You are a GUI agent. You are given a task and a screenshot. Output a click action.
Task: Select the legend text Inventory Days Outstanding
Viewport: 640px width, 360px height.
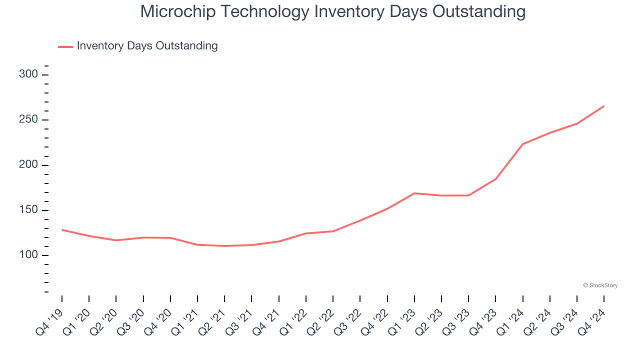point(147,46)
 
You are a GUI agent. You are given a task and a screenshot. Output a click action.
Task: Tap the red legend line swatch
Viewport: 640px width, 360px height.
point(65,46)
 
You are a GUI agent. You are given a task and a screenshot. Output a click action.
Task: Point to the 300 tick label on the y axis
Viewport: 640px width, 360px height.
point(28,74)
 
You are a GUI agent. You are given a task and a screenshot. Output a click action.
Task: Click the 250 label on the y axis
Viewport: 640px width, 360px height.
point(28,120)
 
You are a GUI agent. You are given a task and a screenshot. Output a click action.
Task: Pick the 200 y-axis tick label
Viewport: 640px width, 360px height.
point(28,165)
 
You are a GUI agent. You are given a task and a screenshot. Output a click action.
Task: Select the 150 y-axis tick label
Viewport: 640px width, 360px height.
point(28,210)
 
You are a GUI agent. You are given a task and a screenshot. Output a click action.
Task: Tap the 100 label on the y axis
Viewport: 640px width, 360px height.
point(28,255)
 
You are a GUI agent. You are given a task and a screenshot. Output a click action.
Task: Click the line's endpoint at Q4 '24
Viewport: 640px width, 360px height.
point(604,106)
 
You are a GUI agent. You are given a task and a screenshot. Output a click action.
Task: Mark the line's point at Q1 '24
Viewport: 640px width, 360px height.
point(522,144)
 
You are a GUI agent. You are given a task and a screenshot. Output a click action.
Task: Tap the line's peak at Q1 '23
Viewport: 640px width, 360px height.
point(414,193)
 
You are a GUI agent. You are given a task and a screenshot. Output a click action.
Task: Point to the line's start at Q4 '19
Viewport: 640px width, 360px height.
point(62,229)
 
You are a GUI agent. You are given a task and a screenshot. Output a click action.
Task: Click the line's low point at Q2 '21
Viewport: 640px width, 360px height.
point(224,246)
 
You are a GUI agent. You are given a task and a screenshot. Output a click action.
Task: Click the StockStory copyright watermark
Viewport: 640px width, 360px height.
point(600,285)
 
